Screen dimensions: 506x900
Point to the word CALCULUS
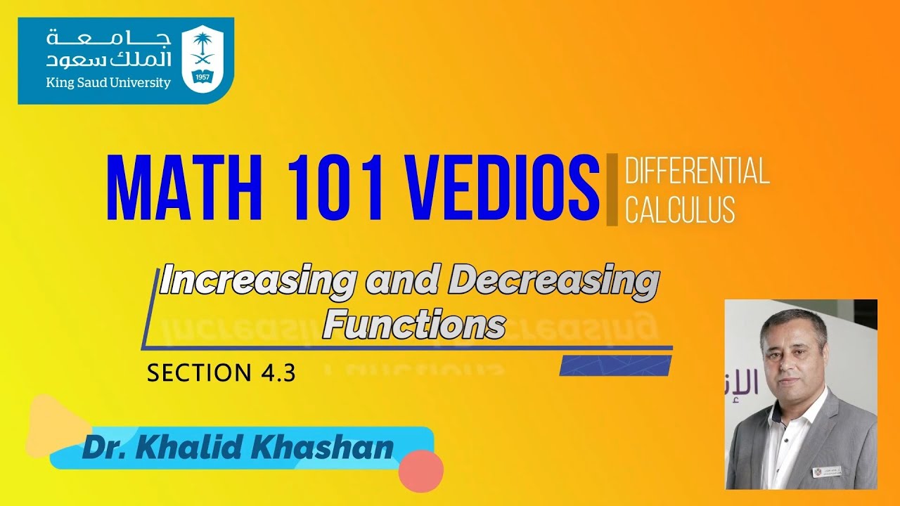680,209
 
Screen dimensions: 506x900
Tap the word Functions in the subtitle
414,325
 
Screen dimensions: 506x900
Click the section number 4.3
276,373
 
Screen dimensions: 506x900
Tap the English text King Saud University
108,83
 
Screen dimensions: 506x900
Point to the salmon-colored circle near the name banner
420,469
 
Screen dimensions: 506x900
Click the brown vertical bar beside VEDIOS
612,190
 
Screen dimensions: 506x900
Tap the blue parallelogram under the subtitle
615,365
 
